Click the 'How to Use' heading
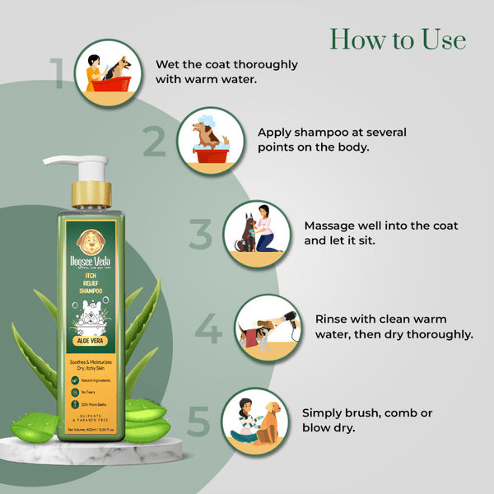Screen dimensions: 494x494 tap(398, 39)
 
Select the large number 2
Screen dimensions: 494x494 tap(154, 142)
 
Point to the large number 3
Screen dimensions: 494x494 tap(200, 235)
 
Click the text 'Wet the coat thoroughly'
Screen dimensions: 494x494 tap(226, 64)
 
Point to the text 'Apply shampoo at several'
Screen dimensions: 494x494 tap(332, 132)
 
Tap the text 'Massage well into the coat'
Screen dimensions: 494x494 tap(381, 225)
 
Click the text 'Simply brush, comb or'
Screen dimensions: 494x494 tap(366, 412)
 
